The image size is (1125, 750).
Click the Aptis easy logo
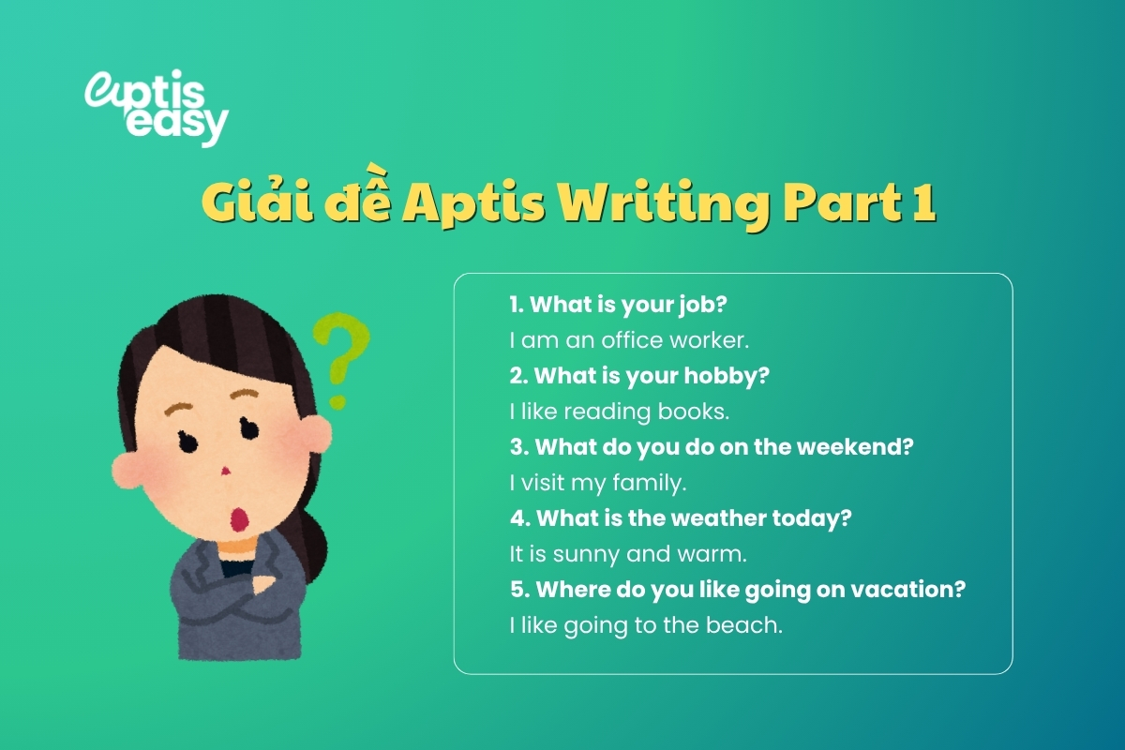156,108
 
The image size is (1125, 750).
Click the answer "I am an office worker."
630,340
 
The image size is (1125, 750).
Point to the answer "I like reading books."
619,412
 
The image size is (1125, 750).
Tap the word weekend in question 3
854,447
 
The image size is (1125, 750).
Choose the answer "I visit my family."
598,483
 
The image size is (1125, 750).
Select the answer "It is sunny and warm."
628,554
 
